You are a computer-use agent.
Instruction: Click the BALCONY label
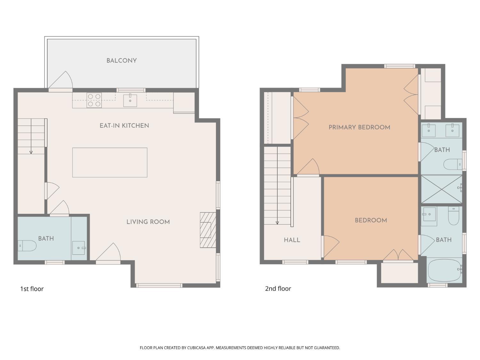(x=122, y=60)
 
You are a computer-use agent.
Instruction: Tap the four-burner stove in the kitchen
(x=94, y=100)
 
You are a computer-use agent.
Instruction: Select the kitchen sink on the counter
(x=130, y=100)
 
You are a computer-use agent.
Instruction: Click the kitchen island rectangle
(x=110, y=163)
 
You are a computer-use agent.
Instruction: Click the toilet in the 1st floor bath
(x=27, y=246)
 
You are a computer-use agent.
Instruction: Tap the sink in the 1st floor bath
(x=79, y=248)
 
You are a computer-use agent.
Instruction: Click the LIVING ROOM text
(x=148, y=222)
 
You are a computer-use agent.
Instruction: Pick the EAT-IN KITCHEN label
(x=124, y=125)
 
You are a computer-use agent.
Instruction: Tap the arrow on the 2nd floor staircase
(x=277, y=222)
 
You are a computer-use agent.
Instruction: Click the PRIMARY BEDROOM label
(x=359, y=127)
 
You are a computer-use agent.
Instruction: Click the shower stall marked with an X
(x=442, y=189)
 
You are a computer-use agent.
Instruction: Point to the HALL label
(x=292, y=240)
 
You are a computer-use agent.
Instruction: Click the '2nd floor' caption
(x=278, y=288)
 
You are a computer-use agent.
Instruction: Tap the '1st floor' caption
(x=32, y=289)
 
